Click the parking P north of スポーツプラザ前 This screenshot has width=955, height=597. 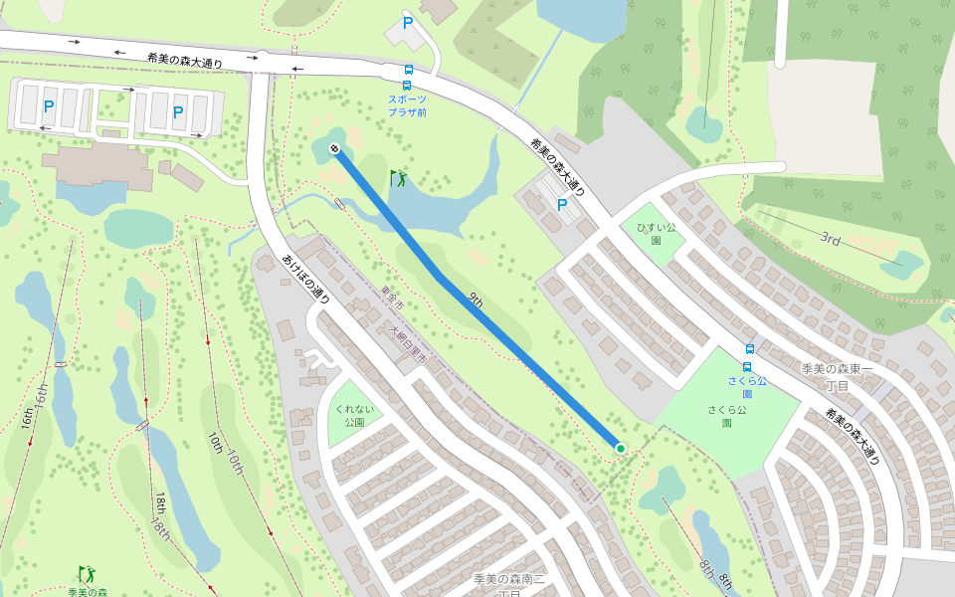click(407, 22)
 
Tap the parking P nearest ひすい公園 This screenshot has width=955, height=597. click(562, 205)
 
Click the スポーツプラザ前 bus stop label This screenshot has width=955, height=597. click(407, 105)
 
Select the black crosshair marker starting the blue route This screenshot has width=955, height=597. click(334, 149)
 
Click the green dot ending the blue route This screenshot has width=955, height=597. click(621, 449)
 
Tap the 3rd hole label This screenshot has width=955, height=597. click(831, 239)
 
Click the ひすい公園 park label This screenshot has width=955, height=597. click(657, 233)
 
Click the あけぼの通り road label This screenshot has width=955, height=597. click(305, 278)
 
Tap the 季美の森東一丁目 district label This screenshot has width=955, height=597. click(838, 376)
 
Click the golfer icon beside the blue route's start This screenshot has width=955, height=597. click(399, 178)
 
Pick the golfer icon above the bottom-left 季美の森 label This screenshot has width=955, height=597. click(88, 574)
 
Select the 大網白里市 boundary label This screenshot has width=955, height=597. click(408, 343)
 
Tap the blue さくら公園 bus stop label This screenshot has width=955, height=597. click(746, 387)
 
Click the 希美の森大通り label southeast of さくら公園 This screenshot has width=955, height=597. click(853, 438)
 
